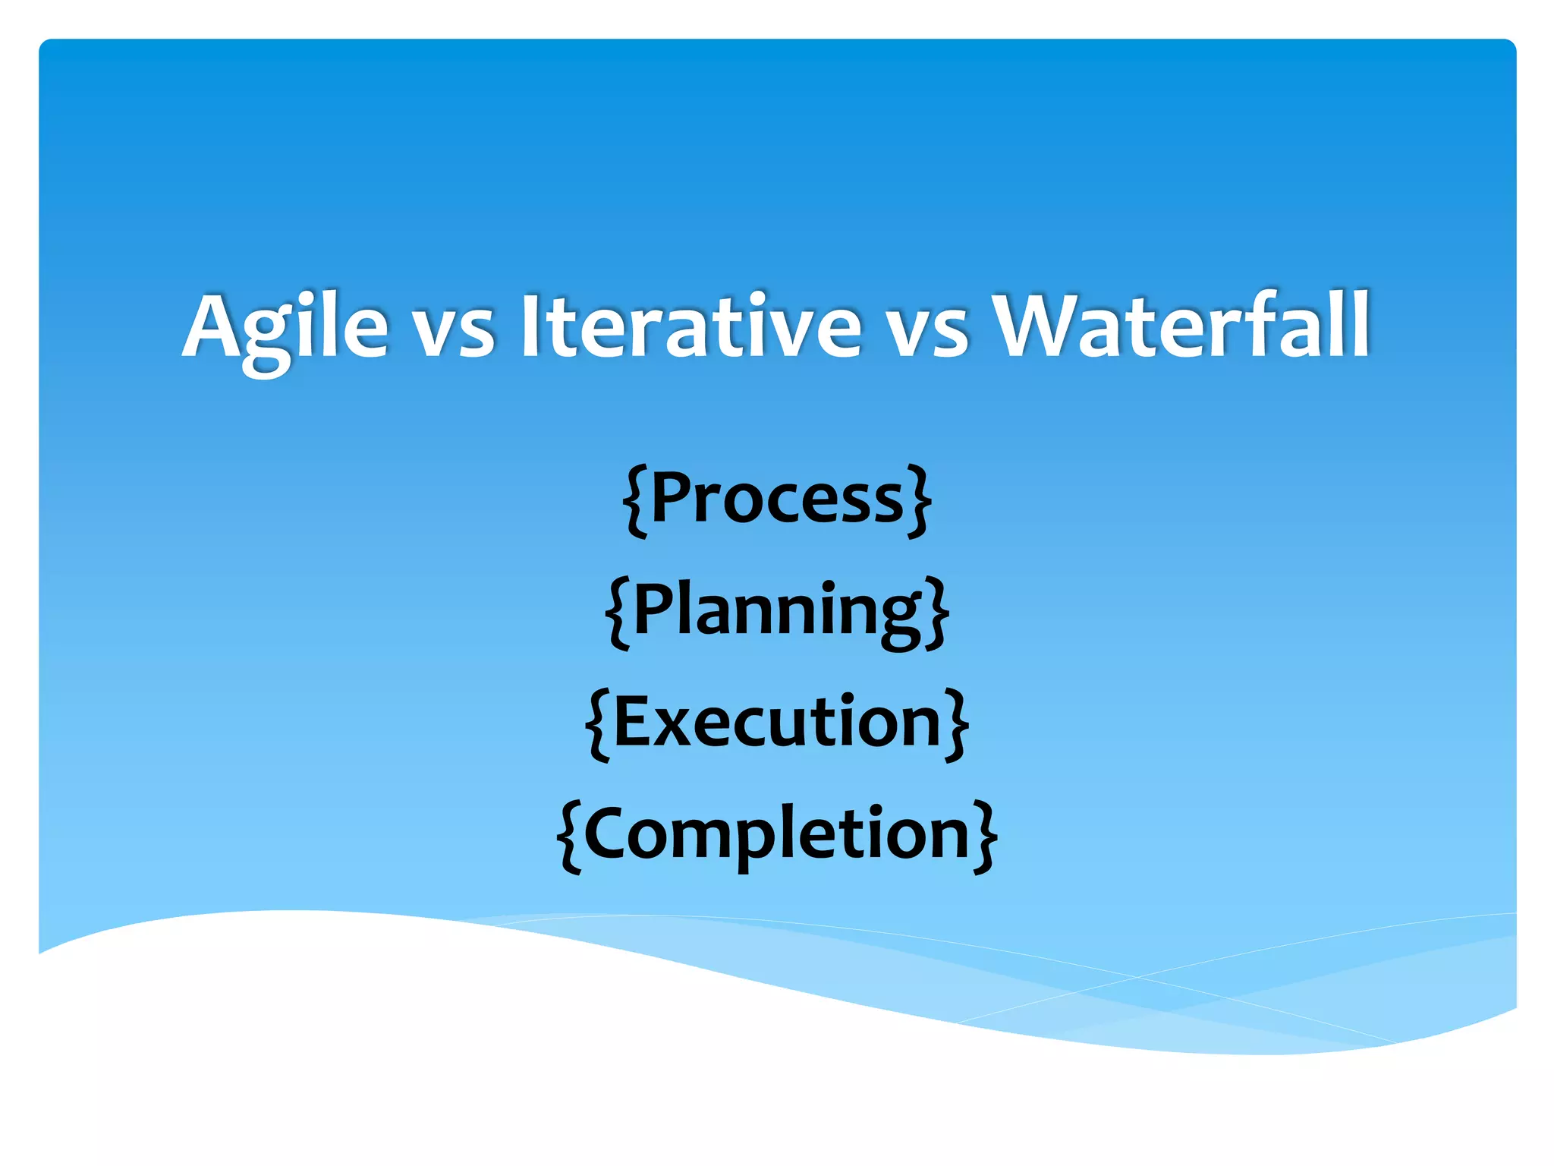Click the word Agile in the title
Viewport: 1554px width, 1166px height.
coord(286,326)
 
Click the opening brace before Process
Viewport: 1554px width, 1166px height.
coord(636,501)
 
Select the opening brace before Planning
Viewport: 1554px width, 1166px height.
coord(618,613)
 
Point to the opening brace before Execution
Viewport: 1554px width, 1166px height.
coord(598,724)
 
